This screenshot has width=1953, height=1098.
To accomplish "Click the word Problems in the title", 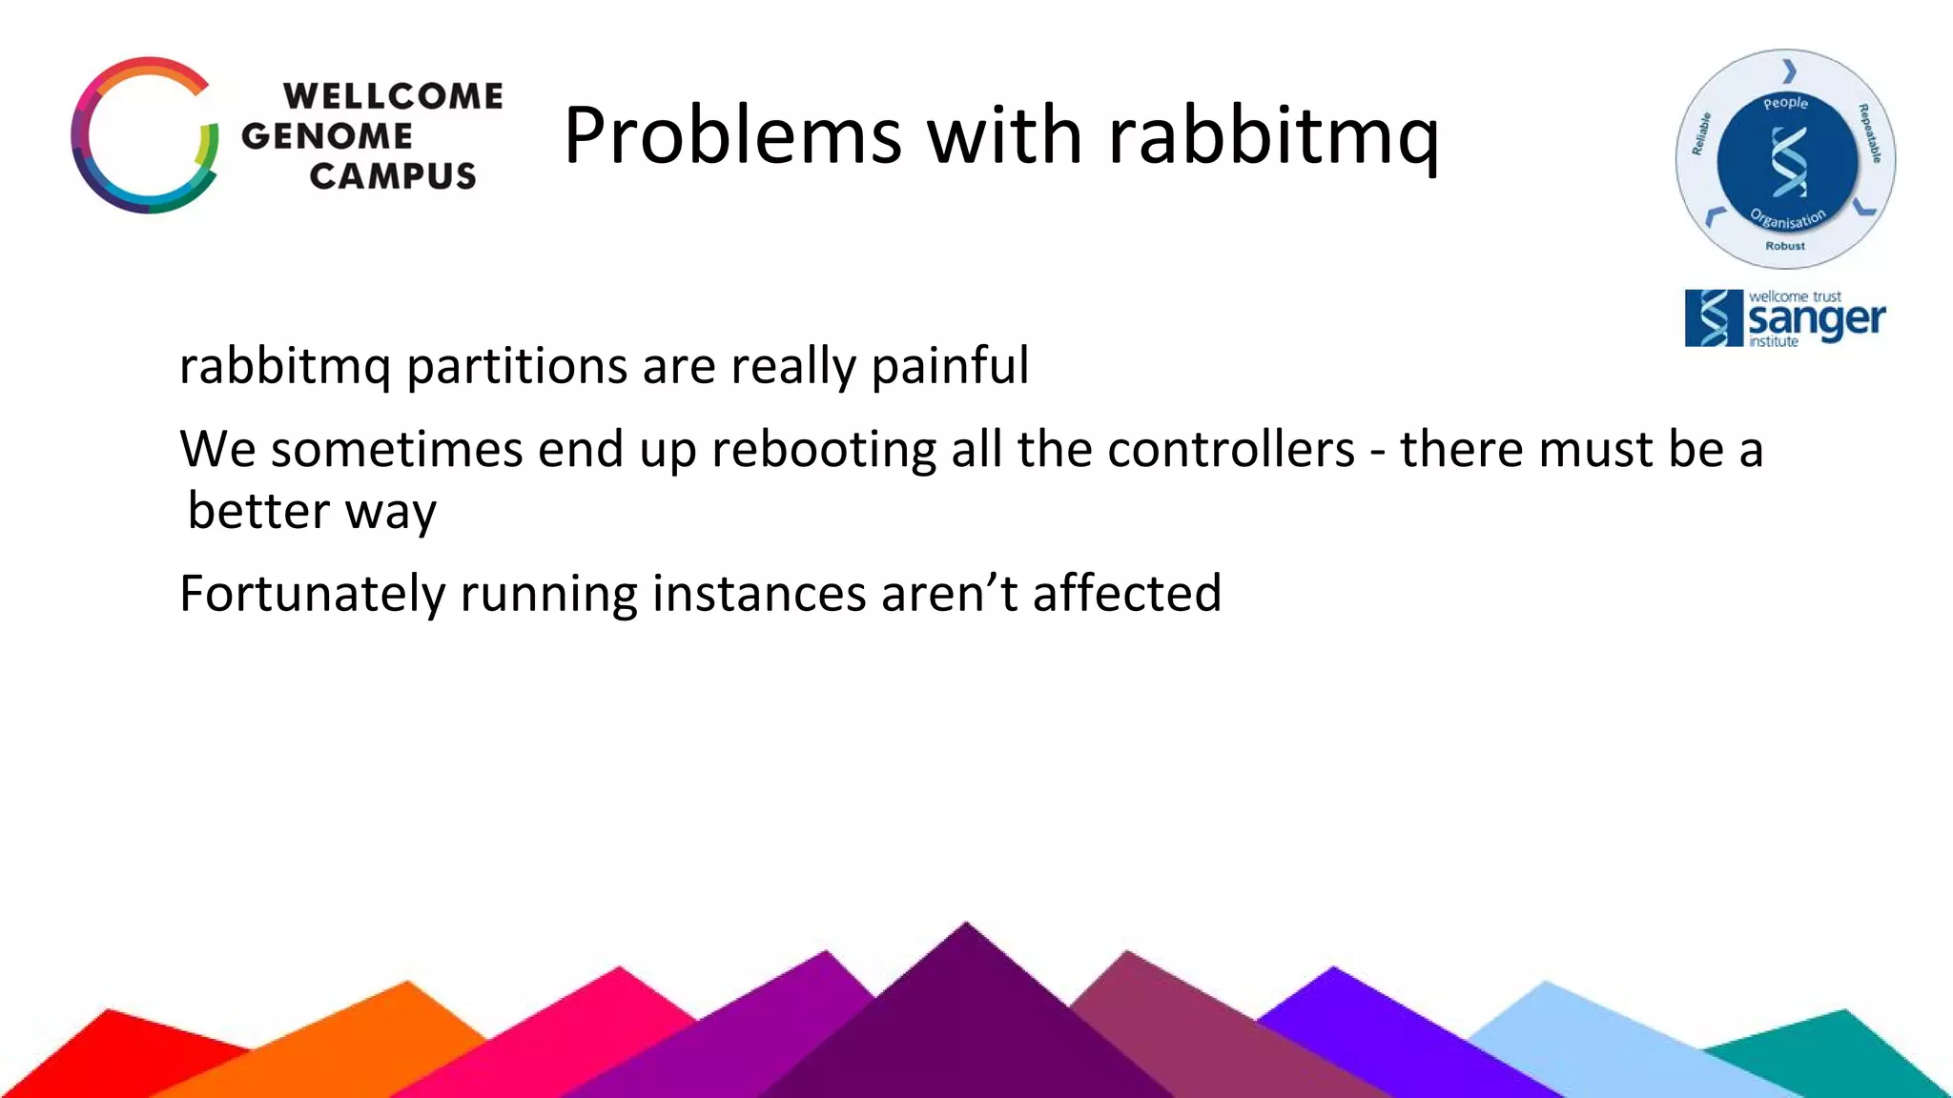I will (731, 136).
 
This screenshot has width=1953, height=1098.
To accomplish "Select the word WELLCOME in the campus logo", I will (393, 96).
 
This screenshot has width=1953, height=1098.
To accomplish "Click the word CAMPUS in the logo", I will (393, 176).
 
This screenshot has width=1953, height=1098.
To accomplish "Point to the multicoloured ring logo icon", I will (145, 135).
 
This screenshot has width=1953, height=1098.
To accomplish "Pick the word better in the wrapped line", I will (258, 512).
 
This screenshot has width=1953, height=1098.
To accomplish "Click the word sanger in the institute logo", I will (1816, 320).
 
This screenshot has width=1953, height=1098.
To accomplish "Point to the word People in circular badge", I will (1785, 103).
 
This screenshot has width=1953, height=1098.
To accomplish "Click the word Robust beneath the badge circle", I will (1785, 246).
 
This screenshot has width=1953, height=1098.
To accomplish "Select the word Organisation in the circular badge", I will (1788, 219).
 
